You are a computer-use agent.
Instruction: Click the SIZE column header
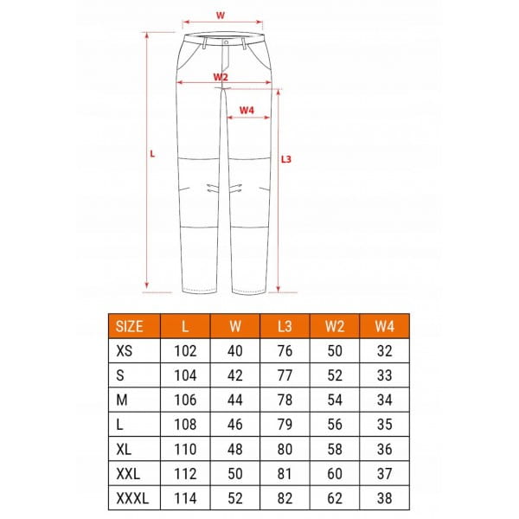tap(129, 326)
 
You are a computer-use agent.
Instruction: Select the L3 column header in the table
tap(285, 326)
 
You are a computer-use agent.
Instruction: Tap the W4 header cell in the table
tap(384, 326)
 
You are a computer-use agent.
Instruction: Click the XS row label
tap(124, 351)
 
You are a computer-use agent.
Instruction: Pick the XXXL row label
tap(132, 498)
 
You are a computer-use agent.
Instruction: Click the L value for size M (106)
tap(185, 400)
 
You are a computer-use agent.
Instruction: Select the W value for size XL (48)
tap(235, 449)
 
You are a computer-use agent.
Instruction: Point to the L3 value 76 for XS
tap(285, 351)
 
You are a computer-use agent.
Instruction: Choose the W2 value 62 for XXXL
tap(335, 498)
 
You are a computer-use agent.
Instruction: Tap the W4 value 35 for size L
tap(384, 425)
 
